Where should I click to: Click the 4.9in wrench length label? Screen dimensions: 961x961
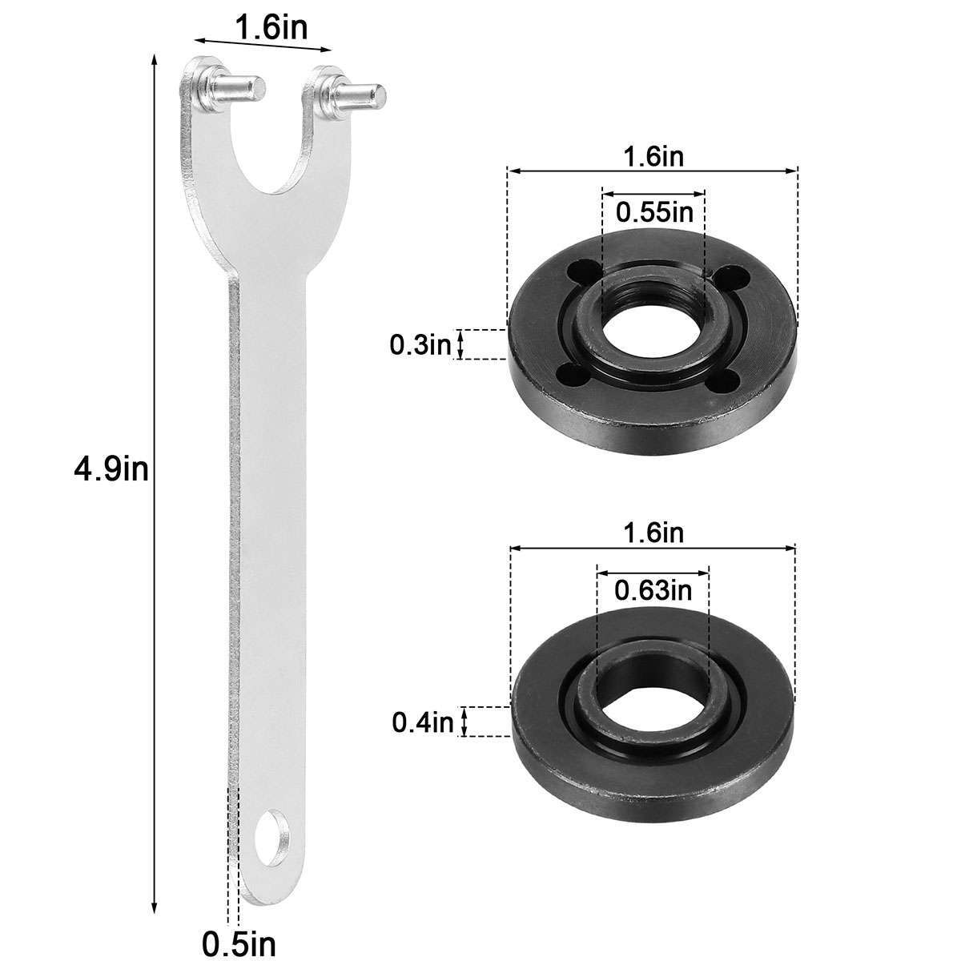(111, 469)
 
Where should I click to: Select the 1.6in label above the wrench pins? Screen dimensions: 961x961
(261, 28)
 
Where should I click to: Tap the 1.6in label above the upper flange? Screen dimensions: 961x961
(653, 157)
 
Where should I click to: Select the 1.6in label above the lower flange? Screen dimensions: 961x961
(653, 533)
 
